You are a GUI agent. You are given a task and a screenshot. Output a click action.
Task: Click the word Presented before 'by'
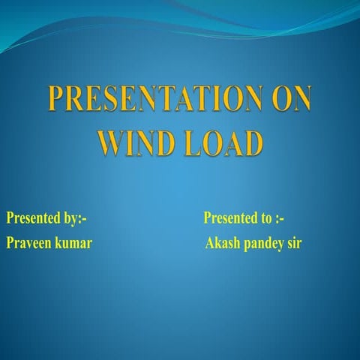pyautogui.click(x=34, y=219)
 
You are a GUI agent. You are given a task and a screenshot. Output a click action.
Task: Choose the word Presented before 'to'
pyautogui.click(x=230, y=219)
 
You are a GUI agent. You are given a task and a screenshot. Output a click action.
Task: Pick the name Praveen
pyautogui.click(x=30, y=244)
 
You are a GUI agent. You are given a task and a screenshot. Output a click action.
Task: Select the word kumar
pyautogui.click(x=74, y=244)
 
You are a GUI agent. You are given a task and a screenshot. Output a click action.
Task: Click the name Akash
pyautogui.click(x=223, y=244)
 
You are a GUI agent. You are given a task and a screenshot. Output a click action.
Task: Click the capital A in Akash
pyautogui.click(x=209, y=244)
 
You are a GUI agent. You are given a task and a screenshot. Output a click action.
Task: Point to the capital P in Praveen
pyautogui.click(x=10, y=244)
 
